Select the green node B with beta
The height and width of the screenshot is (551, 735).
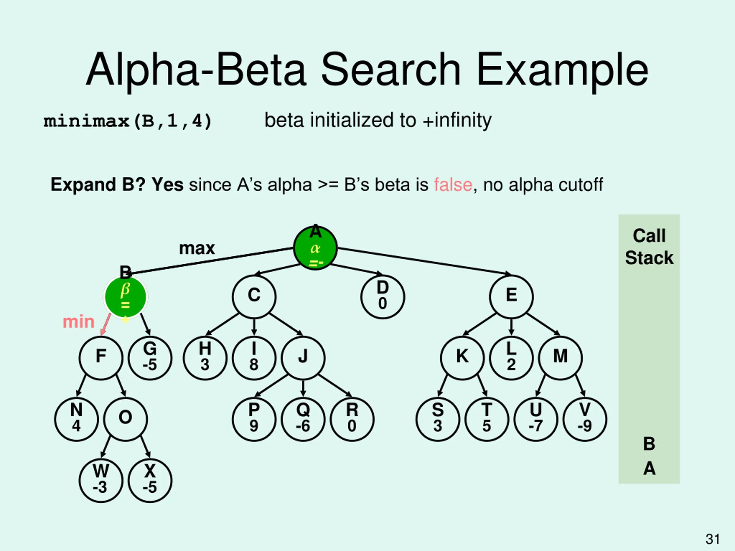point(125,296)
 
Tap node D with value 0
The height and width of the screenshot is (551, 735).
point(382,296)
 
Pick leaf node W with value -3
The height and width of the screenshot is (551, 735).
point(101,481)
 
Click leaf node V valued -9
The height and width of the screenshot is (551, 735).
point(585,419)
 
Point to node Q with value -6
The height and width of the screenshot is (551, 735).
point(303,419)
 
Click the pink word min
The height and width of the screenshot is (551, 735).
point(79,322)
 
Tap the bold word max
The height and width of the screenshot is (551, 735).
point(197,248)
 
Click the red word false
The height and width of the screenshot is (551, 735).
point(453,185)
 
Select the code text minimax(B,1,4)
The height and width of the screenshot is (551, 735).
point(127,121)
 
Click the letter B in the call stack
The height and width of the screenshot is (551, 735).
point(649,444)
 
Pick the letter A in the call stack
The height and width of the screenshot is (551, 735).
point(649,469)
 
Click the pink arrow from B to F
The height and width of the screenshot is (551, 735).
point(105,325)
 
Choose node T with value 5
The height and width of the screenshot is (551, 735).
point(487,419)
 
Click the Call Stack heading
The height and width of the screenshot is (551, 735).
point(649,247)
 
